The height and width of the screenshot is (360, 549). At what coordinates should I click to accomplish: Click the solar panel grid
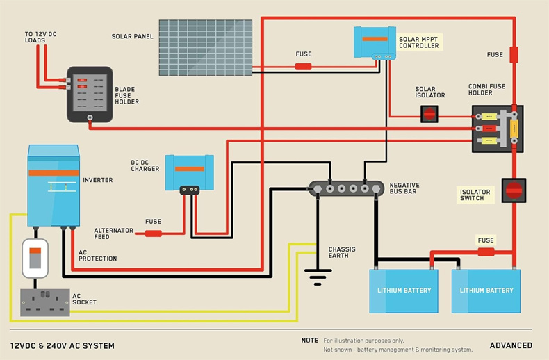tap(205, 47)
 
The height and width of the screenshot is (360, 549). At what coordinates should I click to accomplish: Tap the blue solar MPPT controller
tap(375, 42)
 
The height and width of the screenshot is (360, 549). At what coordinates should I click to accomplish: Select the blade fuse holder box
tap(90, 95)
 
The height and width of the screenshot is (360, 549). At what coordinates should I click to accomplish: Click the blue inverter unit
tap(53, 184)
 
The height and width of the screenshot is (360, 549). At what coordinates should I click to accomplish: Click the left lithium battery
tap(404, 290)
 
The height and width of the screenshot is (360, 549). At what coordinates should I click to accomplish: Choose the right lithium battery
tap(486, 290)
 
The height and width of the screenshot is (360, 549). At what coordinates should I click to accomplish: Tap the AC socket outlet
tap(45, 302)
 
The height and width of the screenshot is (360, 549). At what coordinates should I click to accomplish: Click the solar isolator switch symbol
tap(430, 113)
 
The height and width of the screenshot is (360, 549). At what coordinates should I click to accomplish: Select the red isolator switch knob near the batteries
tap(514, 190)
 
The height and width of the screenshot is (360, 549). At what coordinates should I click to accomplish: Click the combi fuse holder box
tap(498, 129)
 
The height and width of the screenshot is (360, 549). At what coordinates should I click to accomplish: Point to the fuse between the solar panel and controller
tap(304, 67)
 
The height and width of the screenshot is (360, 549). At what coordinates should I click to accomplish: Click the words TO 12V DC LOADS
tap(38, 37)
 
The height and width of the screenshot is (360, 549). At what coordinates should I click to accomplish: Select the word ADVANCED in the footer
tap(511, 345)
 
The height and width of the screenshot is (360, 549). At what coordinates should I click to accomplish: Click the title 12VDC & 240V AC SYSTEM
tap(63, 345)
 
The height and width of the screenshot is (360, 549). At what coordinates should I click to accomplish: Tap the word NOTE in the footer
tap(309, 341)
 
